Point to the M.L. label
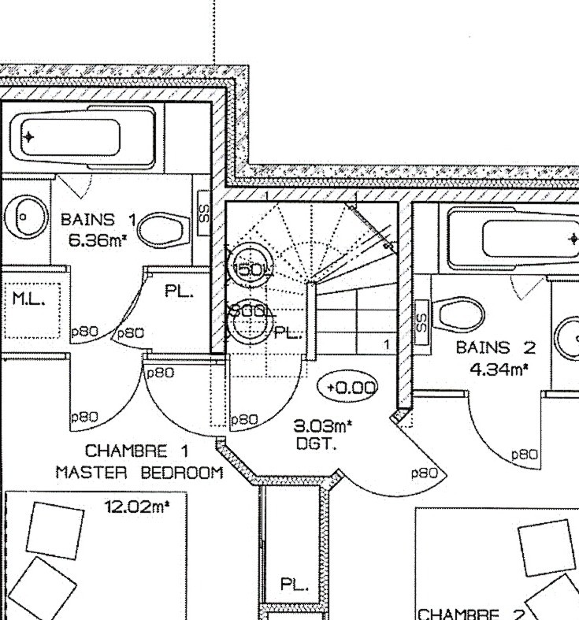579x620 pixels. [x=28, y=299]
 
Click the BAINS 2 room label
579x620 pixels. [x=495, y=347]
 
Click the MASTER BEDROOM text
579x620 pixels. [x=139, y=473]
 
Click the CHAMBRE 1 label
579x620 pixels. [x=126, y=452]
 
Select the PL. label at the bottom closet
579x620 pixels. [x=295, y=585]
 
